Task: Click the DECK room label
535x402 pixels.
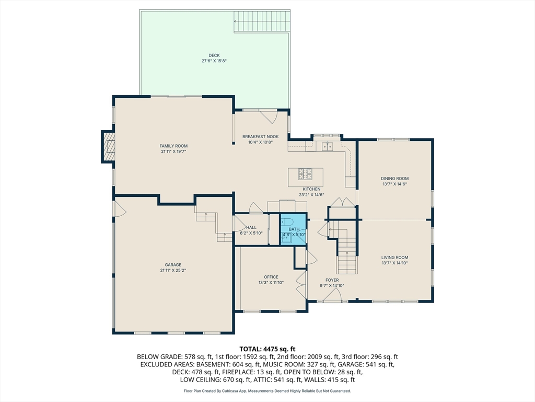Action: coord(214,55)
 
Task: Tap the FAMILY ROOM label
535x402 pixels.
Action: coord(173,146)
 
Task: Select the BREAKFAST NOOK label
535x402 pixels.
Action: coord(260,137)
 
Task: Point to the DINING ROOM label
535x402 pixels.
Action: coord(394,178)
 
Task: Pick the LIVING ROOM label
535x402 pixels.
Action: coord(394,258)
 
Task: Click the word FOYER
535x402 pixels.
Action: coord(332,281)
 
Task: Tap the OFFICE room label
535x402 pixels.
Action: coord(271,277)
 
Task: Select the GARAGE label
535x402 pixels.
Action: coord(173,265)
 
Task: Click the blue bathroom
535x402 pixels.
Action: coord(293,228)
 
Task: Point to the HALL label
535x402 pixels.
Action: coord(251,228)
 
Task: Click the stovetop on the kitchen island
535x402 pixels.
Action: coord(305,174)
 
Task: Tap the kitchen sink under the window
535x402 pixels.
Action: coord(328,146)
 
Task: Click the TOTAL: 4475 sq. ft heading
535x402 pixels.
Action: coord(267,349)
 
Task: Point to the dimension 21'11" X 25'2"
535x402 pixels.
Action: coord(173,271)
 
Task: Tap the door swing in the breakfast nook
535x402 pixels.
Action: coord(269,117)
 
